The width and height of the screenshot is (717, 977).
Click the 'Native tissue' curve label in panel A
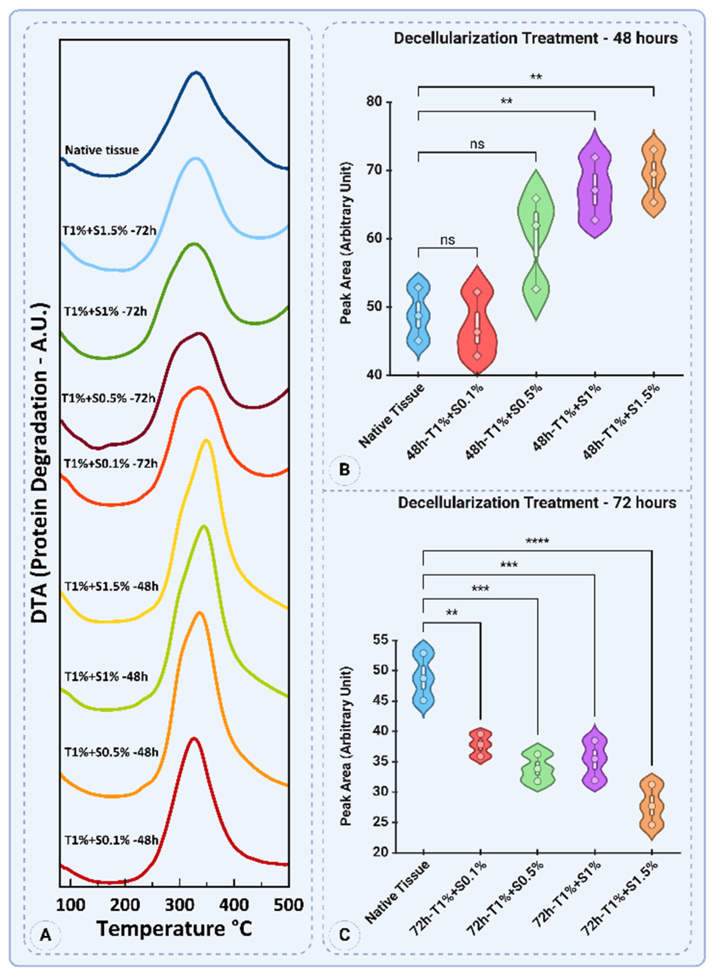tap(102, 150)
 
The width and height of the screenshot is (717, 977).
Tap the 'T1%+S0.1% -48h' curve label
tap(111, 840)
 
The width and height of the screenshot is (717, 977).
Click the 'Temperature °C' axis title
tap(174, 929)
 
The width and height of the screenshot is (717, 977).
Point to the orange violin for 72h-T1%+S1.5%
tap(652, 806)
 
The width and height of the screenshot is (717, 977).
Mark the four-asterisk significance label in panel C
tap(537, 541)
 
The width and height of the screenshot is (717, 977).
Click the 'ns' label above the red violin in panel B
tap(448, 239)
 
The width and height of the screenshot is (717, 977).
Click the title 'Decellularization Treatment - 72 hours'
tap(537, 502)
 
